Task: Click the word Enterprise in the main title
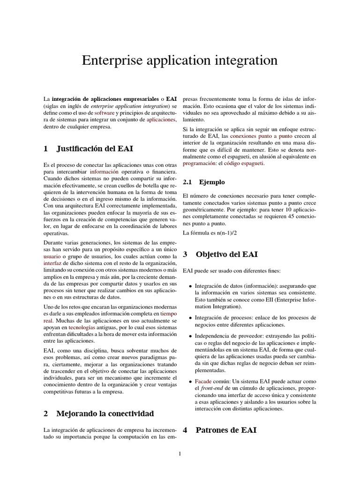point(108,61)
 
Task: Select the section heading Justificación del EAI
point(95,149)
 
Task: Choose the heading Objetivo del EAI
point(226,255)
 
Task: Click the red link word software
point(104,113)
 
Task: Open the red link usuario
point(52,257)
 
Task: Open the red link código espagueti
point(244,163)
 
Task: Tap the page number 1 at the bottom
point(180,454)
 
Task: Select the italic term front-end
point(214,389)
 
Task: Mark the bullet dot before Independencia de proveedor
point(189,336)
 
